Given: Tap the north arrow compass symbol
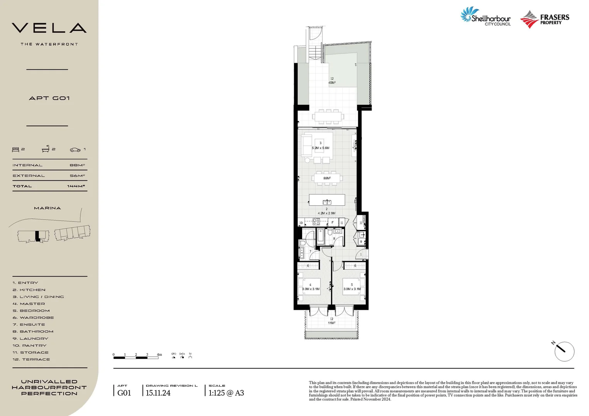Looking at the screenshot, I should (564, 351).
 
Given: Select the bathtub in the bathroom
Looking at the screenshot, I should (320, 237).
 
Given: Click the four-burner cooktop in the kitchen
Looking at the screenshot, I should (316, 222).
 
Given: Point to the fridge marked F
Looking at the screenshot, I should (332, 222).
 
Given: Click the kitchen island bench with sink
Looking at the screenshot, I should (327, 200).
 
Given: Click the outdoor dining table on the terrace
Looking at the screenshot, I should (328, 116).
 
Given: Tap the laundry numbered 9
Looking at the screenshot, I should (361, 242).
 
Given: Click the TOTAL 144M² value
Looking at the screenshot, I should (76, 186).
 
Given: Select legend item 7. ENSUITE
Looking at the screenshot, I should (29, 324).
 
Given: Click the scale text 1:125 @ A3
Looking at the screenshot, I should (226, 393).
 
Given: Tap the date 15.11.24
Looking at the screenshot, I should (158, 393).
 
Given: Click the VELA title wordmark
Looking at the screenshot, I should (49, 28).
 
